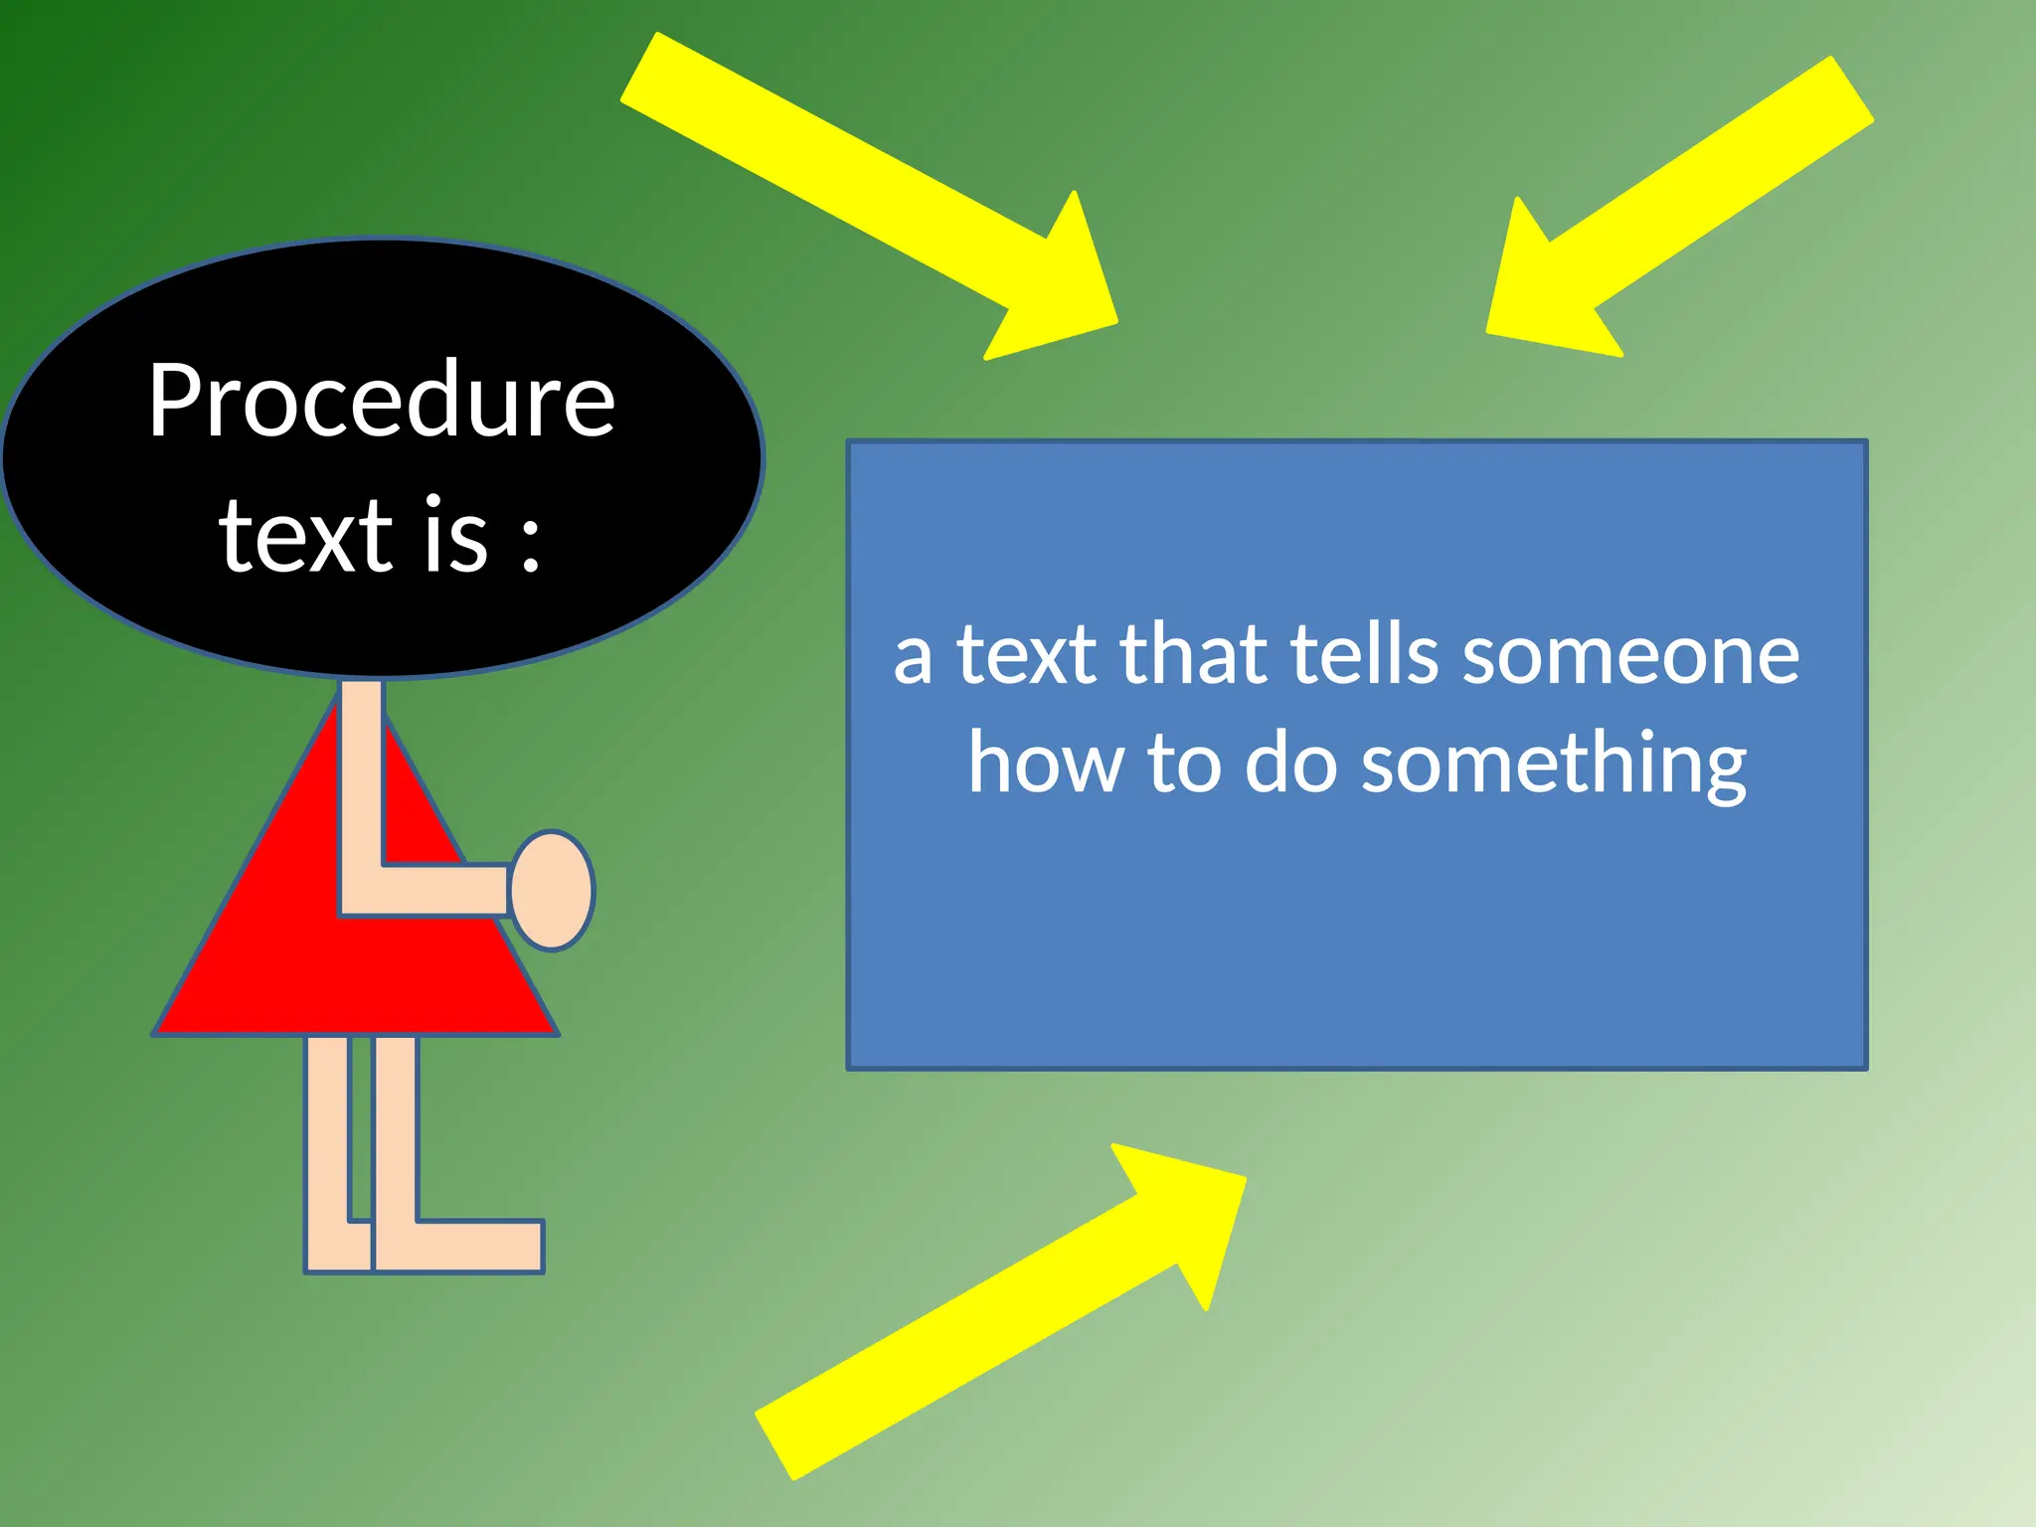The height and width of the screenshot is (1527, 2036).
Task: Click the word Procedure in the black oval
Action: [x=382, y=400]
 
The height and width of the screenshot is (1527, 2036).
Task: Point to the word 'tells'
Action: [x=1364, y=655]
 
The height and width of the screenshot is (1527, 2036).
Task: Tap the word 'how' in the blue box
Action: [x=1044, y=763]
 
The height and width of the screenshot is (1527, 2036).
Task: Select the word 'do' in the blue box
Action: [x=1290, y=763]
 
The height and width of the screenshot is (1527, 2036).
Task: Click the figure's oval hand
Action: [x=553, y=891]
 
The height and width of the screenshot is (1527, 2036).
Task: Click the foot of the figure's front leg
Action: [x=477, y=1245]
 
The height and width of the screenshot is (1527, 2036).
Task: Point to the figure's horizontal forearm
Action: [x=437, y=889]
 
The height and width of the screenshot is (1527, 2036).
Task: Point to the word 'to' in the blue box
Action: [x=1183, y=763]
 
